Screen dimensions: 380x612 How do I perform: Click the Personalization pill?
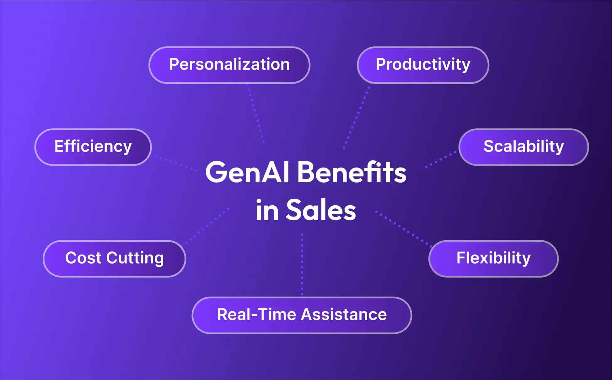coord(229,65)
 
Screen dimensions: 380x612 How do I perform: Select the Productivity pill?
coord(423,65)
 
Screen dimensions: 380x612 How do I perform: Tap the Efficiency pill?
coord(93,147)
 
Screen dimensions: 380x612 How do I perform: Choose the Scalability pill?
coord(523,147)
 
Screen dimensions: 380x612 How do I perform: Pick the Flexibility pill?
coord(493,258)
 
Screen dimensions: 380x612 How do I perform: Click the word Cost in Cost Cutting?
coord(83,258)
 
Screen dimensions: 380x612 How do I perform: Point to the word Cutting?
coord(135,258)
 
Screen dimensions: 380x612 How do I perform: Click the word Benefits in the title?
coord(352,172)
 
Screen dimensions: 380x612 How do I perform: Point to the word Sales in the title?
coord(321,210)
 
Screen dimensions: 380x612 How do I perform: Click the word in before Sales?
coord(267,210)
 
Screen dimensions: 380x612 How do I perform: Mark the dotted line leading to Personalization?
coord(256,113)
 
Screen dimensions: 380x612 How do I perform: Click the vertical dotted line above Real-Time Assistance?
coord(302,264)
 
